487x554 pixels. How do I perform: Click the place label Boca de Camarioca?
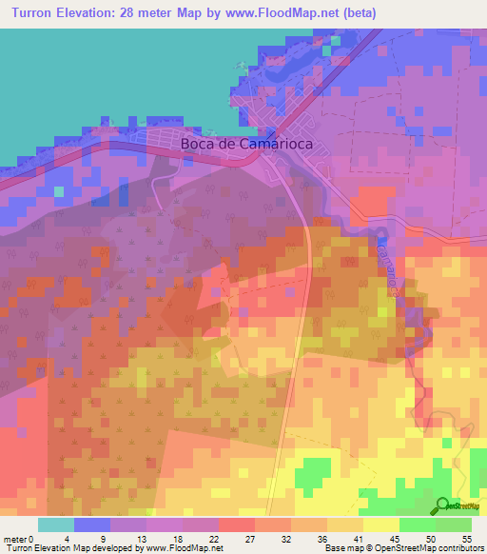(246, 146)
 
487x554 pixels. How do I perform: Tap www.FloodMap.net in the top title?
(288, 13)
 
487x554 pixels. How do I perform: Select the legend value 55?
(467, 538)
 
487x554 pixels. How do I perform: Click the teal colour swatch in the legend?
(55, 524)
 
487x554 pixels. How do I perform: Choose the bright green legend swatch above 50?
(418, 524)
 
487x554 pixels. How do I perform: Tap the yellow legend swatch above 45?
(381, 524)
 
